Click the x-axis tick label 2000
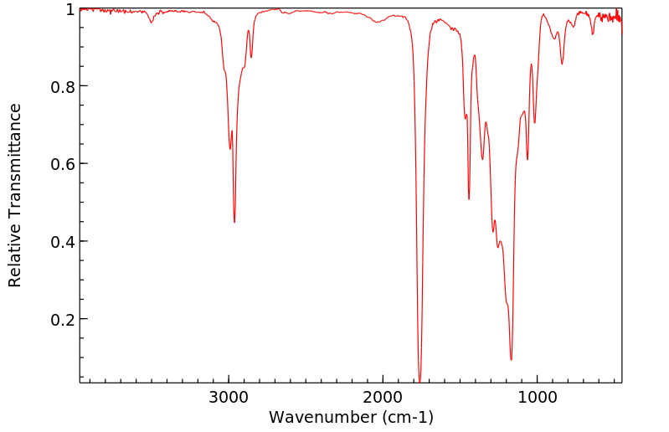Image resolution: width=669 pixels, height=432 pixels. click(x=383, y=396)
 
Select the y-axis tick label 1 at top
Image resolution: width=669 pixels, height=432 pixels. click(x=69, y=9)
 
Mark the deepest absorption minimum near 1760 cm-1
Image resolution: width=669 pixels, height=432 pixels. click(x=419, y=381)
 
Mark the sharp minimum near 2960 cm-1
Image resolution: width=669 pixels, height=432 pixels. click(x=234, y=223)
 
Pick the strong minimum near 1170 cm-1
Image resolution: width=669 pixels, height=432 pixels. click(x=511, y=360)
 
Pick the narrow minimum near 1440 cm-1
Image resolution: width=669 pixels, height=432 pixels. click(x=469, y=199)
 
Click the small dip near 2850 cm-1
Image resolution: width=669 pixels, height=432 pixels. click(x=251, y=58)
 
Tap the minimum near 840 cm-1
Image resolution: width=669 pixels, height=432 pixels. click(x=562, y=64)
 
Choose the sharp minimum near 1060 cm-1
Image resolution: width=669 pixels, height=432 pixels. click(x=527, y=159)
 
